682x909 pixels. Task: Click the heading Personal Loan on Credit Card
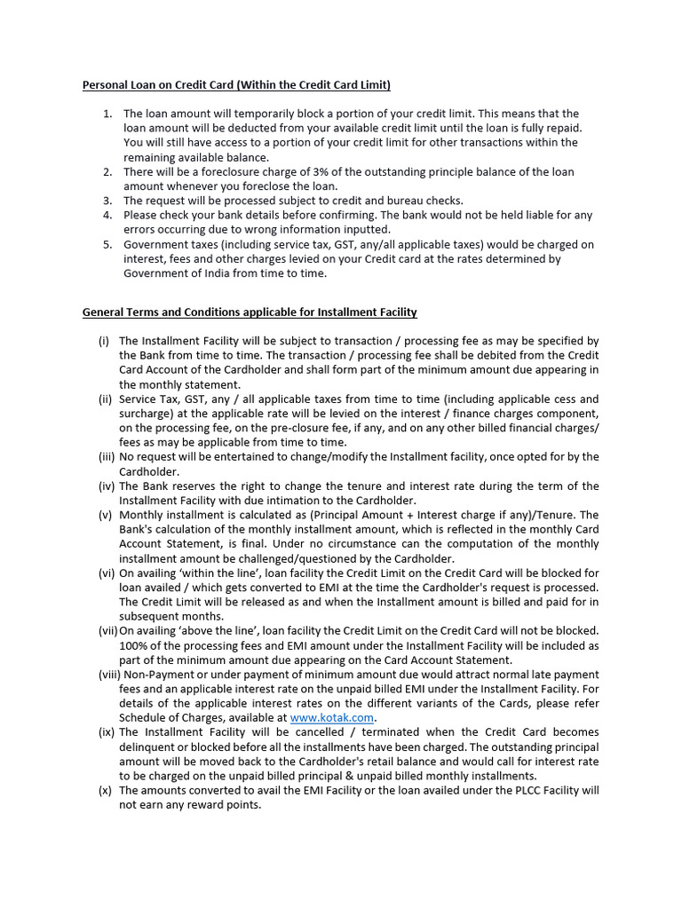[x=236, y=85]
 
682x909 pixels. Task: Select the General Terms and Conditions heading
[x=250, y=312]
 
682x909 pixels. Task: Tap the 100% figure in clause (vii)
[x=134, y=645]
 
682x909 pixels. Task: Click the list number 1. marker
[x=107, y=114]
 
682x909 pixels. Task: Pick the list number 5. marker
[x=107, y=244]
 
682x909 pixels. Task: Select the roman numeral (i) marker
[x=104, y=341]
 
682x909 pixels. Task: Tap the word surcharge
[x=145, y=414]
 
